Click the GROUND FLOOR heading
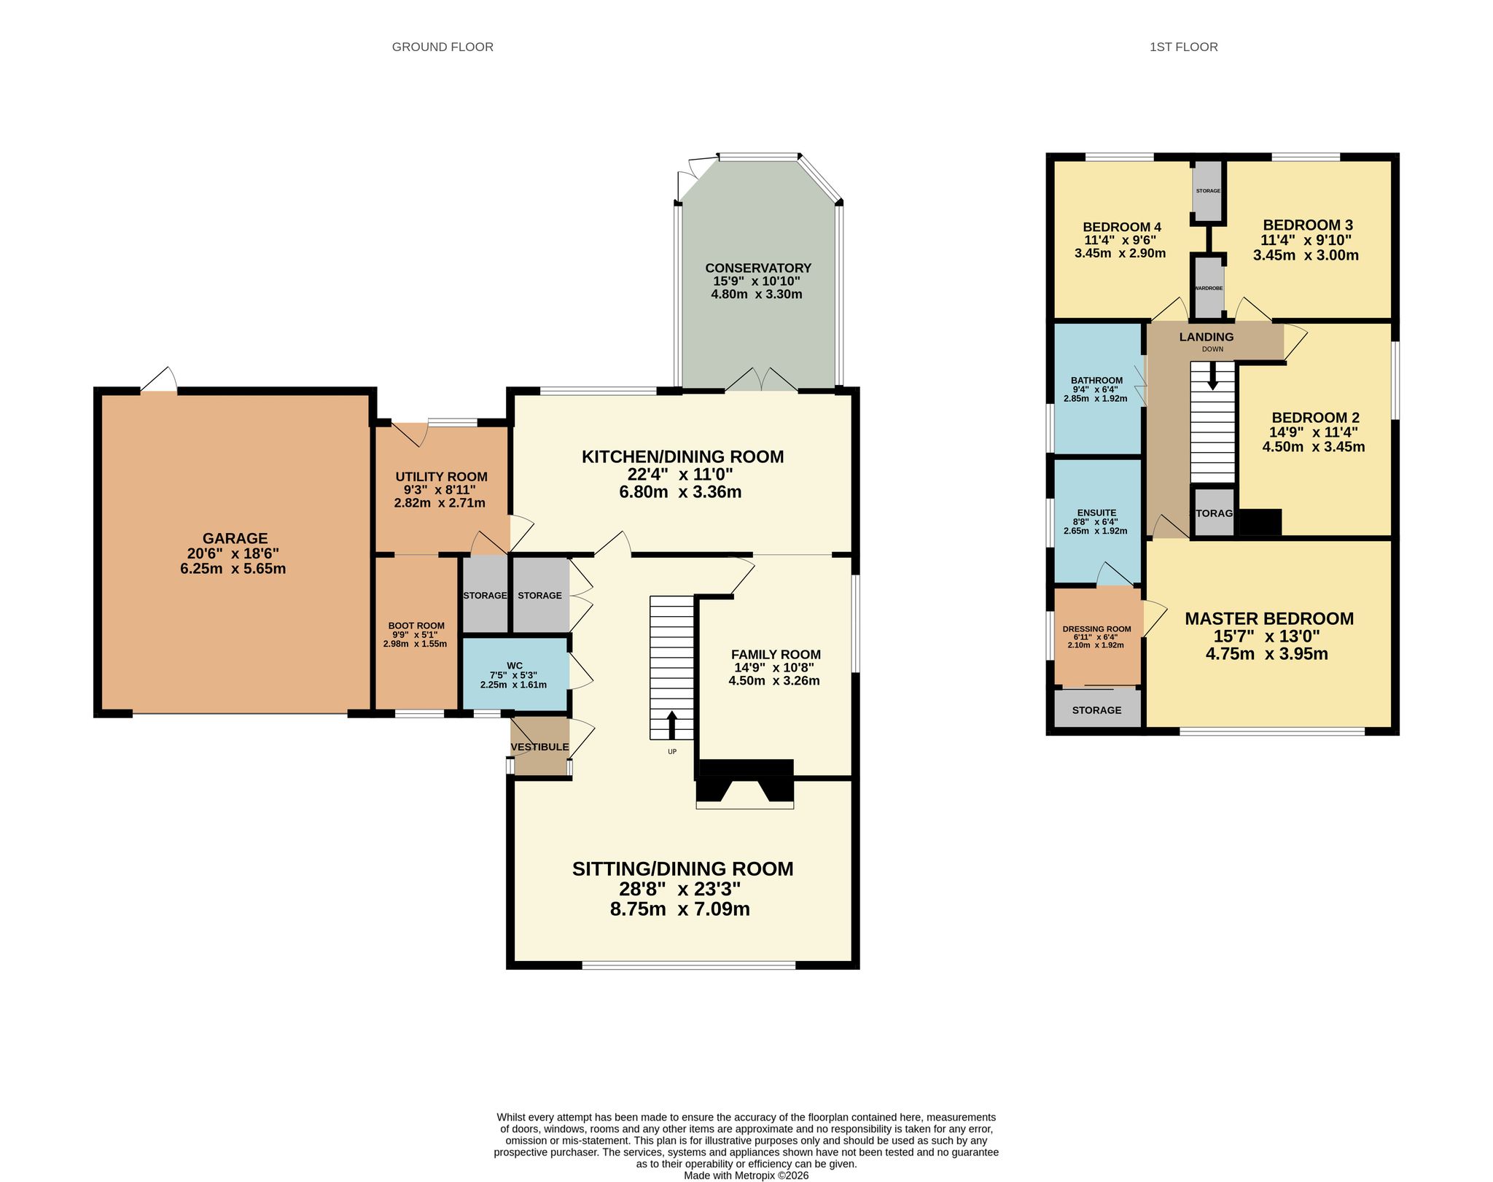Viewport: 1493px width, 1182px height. pyautogui.click(x=443, y=47)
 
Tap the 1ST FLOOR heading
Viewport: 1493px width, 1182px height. pyautogui.click(x=1184, y=47)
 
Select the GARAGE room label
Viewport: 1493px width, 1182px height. pyautogui.click(x=235, y=539)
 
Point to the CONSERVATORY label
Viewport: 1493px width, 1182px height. pyautogui.click(x=758, y=268)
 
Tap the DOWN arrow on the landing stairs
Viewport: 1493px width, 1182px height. pyautogui.click(x=1212, y=376)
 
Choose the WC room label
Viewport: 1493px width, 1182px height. pyautogui.click(x=515, y=665)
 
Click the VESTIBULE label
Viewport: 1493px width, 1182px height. pyautogui.click(x=539, y=747)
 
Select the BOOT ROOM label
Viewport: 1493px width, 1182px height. pyautogui.click(x=416, y=626)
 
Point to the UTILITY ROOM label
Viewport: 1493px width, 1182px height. pyautogui.click(x=441, y=477)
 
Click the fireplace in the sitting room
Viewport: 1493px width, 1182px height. pyautogui.click(x=745, y=783)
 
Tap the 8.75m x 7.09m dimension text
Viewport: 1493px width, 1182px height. pyautogui.click(x=680, y=909)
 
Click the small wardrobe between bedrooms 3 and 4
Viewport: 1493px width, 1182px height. pyautogui.click(x=1209, y=286)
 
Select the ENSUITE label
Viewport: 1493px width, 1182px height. pyautogui.click(x=1096, y=513)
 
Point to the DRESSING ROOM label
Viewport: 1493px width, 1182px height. pyautogui.click(x=1096, y=629)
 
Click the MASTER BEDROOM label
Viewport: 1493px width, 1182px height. pyautogui.click(x=1269, y=618)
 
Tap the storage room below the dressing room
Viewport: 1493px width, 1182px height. pyautogui.click(x=1097, y=709)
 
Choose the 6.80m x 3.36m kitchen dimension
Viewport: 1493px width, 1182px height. pyautogui.click(x=680, y=491)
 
